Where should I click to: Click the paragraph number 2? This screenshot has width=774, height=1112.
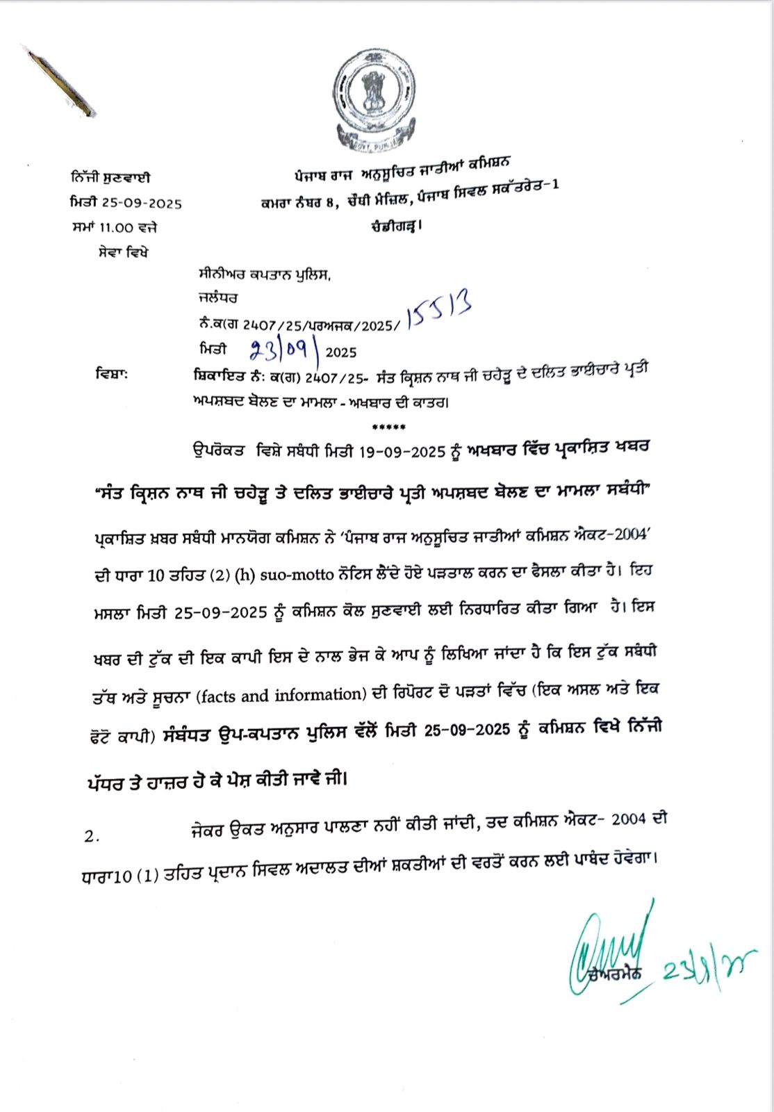click(x=92, y=837)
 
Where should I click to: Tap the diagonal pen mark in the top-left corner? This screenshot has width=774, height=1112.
click(x=60, y=81)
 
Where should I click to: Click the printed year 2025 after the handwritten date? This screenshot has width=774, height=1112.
click(x=340, y=352)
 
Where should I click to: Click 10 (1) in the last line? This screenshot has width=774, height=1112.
click(x=134, y=877)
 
